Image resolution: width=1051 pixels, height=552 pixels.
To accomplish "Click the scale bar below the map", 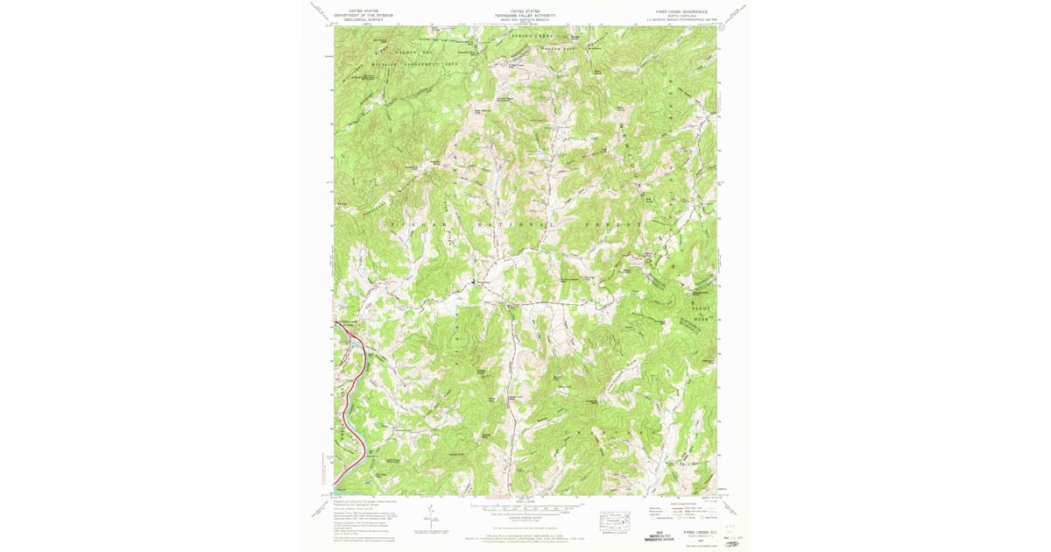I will click(x=525, y=506).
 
